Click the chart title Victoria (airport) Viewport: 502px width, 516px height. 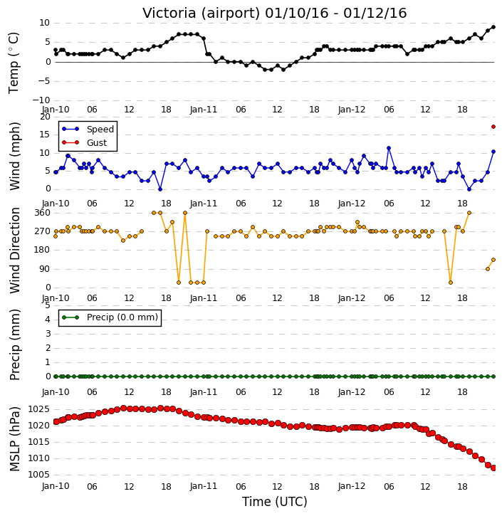[x=202, y=14]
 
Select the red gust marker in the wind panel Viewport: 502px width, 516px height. [x=493, y=127]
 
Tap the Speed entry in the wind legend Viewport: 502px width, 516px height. [x=100, y=130]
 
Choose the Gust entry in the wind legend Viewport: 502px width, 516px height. [x=97, y=143]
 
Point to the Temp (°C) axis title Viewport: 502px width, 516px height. [x=14, y=63]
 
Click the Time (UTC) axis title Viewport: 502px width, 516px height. [x=275, y=502]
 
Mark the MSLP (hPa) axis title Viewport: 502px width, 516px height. [x=14, y=439]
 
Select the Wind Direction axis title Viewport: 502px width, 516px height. [x=14, y=251]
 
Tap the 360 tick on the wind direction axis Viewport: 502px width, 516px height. [x=43, y=213]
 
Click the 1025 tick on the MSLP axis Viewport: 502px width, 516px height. [x=39, y=409]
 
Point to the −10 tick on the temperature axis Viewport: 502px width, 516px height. [x=41, y=100]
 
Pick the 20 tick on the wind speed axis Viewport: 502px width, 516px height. [x=45, y=117]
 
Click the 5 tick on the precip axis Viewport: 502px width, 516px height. [x=48, y=305]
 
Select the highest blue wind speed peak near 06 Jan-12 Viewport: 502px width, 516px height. [x=389, y=149]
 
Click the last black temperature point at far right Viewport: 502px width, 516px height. [x=493, y=27]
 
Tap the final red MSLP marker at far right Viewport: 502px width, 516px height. [x=493, y=468]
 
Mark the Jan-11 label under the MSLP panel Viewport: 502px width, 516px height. [x=204, y=486]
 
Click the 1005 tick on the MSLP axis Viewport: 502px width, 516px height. [x=39, y=475]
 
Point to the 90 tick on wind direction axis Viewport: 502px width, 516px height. [x=45, y=269]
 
